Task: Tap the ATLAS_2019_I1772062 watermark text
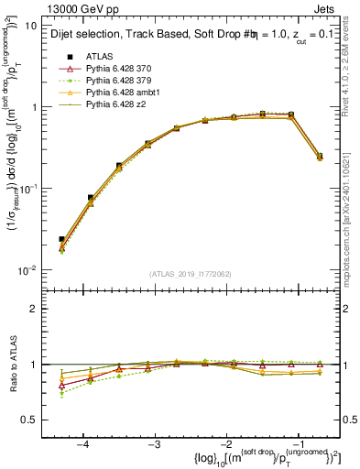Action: pyautogui.click(x=191, y=274)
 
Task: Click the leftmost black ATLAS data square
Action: pyautogui.click(x=61, y=239)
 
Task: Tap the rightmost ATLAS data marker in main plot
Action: pyautogui.click(x=320, y=157)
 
